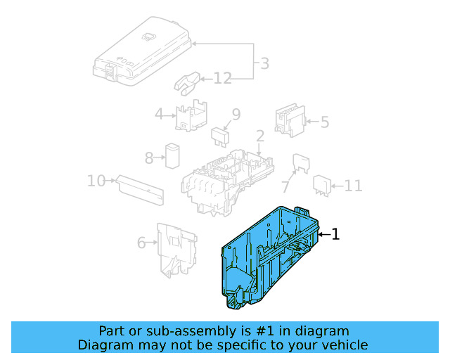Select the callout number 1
335,234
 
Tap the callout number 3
263,64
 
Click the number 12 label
222,78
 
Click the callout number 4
160,114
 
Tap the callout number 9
236,114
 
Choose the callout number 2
259,136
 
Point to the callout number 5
324,122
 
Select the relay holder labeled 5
289,120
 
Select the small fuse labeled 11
322,184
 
